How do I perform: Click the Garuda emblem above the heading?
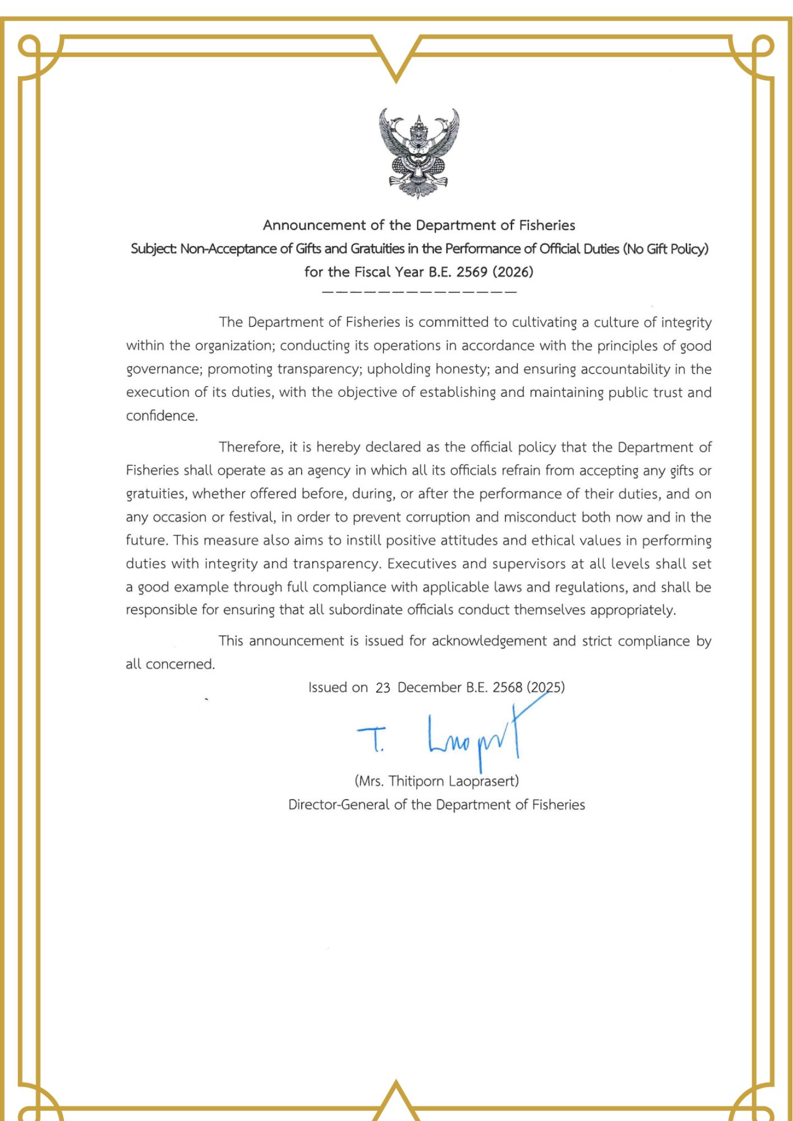coord(419,154)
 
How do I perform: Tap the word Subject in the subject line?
coord(153,249)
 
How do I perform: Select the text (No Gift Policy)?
coord(666,249)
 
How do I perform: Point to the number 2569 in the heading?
coord(472,272)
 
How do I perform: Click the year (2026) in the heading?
coord(513,272)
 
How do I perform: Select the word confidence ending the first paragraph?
coord(162,416)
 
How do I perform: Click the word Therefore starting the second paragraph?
coord(251,447)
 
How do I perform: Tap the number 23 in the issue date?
coord(382,688)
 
